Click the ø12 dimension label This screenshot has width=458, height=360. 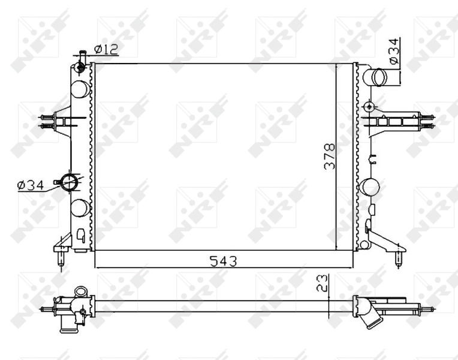[x=106, y=49]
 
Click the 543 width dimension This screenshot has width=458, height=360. [x=223, y=261]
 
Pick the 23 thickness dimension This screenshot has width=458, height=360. [x=323, y=283]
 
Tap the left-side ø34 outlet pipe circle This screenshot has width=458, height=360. [x=70, y=182]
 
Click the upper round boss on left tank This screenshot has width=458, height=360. [x=80, y=89]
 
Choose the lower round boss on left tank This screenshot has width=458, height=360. [x=80, y=208]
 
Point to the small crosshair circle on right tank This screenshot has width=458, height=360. [x=369, y=107]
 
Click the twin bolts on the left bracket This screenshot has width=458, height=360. [x=44, y=121]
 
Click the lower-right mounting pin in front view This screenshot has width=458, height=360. [x=399, y=259]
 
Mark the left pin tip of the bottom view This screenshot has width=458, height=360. [x=43, y=309]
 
